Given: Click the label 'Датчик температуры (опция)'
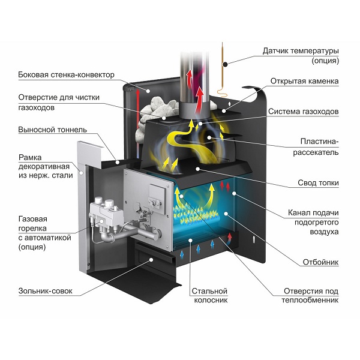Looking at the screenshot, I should [x=301, y=55].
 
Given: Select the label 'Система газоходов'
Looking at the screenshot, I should [x=304, y=112].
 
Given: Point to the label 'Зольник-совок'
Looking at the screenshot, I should [x=46, y=291].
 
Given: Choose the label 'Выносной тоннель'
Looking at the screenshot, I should [x=52, y=129].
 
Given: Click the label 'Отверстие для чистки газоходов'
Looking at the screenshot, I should [x=58, y=102].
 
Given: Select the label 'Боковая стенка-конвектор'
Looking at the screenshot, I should [x=66, y=74].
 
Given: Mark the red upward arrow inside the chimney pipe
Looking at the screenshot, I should [x=191, y=78].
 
